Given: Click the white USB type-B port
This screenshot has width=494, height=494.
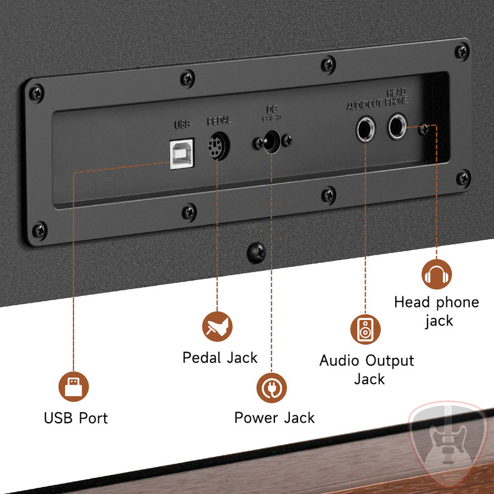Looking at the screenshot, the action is click(182, 154).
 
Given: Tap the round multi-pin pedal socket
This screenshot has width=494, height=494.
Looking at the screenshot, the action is click(218, 146).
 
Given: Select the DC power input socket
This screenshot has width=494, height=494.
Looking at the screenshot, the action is click(272, 142).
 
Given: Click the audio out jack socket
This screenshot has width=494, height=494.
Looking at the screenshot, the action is click(366, 129).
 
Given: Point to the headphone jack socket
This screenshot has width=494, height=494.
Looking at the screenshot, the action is click(397, 126).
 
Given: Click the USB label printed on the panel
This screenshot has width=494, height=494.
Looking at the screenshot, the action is click(182, 125).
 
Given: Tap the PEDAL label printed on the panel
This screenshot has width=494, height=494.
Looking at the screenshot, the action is click(219, 121).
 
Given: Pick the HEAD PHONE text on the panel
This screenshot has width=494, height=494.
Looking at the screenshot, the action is click(397, 97).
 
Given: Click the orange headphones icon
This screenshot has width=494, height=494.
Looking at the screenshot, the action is click(437, 274).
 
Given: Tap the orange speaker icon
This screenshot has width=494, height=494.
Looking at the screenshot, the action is click(366, 329).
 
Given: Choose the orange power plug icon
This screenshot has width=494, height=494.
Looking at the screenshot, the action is click(272, 388).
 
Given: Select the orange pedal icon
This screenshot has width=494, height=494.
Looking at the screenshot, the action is click(217, 327).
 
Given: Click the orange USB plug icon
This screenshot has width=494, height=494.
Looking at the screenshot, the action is click(74, 386).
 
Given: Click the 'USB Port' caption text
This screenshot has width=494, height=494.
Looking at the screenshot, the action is click(76, 418).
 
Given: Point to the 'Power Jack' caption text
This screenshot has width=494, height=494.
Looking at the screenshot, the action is click(274, 418).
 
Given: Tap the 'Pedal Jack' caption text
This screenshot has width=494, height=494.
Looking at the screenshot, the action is click(220, 357).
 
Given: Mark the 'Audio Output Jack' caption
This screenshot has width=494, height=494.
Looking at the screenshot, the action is click(367, 369).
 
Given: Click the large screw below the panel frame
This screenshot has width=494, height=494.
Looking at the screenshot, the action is click(256, 252).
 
